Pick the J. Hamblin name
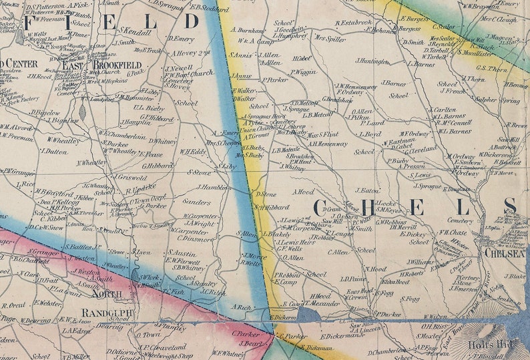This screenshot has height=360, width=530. tap(214, 188)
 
